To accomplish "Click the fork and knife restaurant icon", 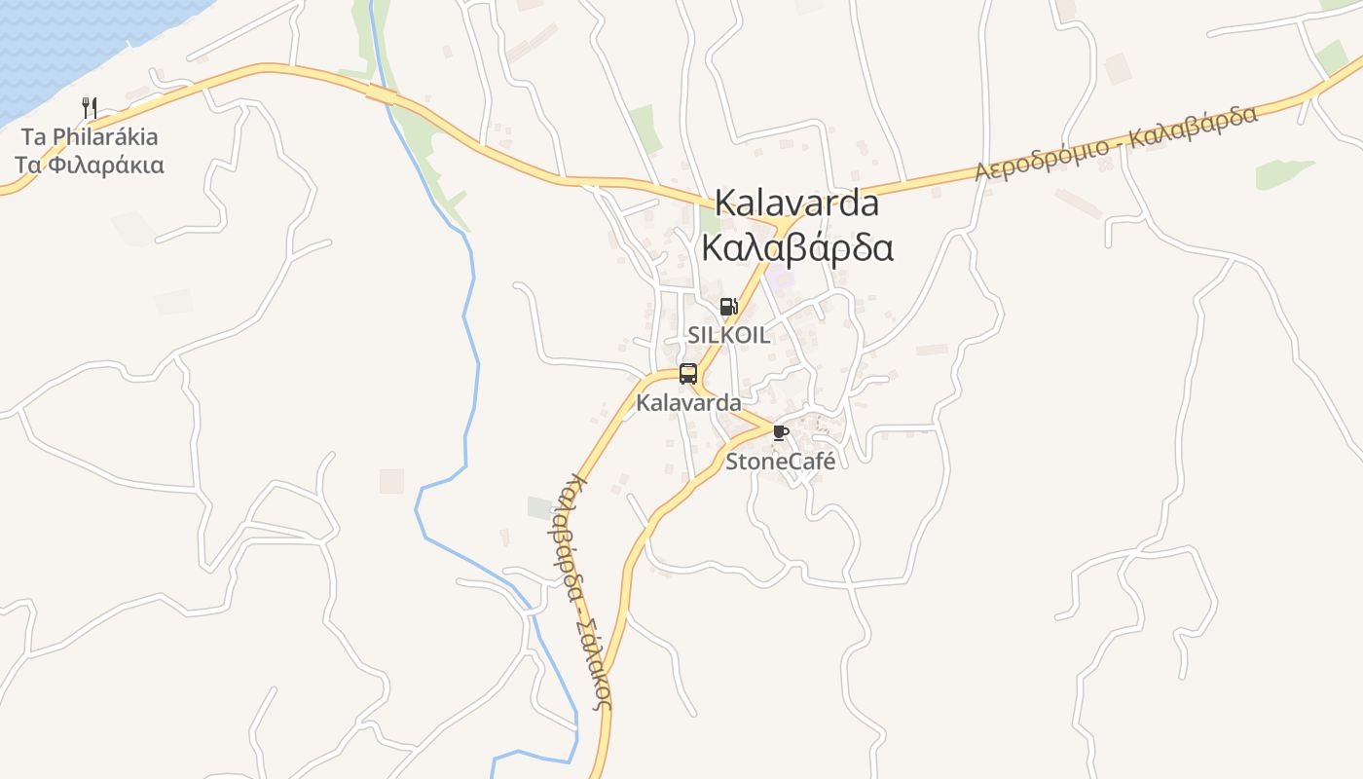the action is [x=90, y=107].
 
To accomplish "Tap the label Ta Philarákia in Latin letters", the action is [x=90, y=136].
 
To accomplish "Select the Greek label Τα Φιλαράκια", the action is [x=90, y=165].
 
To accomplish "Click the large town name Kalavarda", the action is [x=796, y=204].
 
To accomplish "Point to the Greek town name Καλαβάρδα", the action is [x=796, y=248].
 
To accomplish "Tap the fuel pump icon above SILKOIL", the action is [x=728, y=307].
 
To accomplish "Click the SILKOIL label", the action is [x=728, y=335].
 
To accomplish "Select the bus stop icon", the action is [x=688, y=374].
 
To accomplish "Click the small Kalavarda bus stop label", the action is [x=688, y=402].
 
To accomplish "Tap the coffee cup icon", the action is [x=780, y=432].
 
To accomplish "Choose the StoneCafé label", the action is [x=780, y=462].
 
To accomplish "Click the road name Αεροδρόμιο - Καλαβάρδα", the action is [x=1116, y=142].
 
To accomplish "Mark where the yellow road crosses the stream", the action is [x=383, y=93].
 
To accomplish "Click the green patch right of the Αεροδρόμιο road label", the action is [x=1284, y=173].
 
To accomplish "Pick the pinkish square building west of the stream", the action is [x=391, y=480].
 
